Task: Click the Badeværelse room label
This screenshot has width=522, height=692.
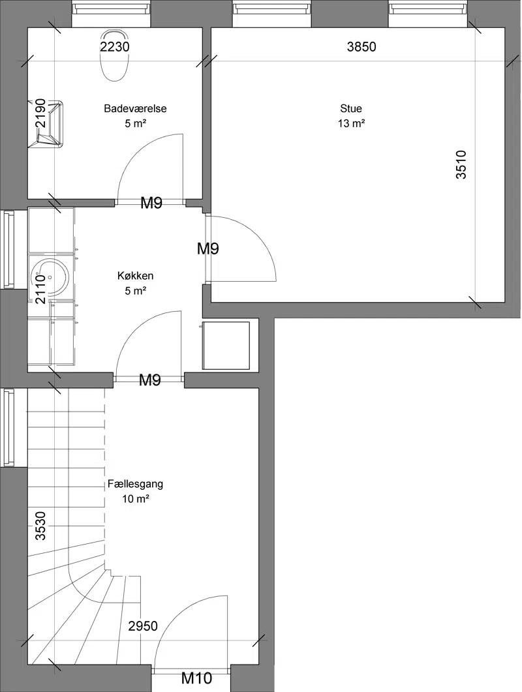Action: click(135, 108)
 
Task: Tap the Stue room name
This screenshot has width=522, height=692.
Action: click(351, 108)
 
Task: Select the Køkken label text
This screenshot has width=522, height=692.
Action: click(136, 276)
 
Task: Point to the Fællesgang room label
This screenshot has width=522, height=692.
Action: click(135, 484)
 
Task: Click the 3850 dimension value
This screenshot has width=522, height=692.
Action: click(361, 47)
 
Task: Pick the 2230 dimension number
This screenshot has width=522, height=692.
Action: click(115, 46)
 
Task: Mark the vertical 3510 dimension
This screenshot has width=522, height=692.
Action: click(461, 164)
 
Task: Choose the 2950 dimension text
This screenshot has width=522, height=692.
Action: click(143, 626)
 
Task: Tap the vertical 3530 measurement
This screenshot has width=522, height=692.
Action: click(40, 526)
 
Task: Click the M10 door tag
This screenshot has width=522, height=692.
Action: click(197, 678)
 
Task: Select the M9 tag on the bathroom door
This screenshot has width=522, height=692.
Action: click(151, 203)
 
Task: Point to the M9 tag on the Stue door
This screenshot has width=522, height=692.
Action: click(208, 249)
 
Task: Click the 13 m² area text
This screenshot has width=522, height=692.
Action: click(351, 123)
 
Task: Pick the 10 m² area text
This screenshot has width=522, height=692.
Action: click(135, 499)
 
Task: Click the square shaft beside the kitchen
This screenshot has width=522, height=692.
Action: click(226, 346)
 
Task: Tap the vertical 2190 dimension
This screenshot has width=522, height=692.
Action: click(40, 113)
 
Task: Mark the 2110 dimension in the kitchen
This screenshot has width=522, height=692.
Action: click(40, 289)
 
